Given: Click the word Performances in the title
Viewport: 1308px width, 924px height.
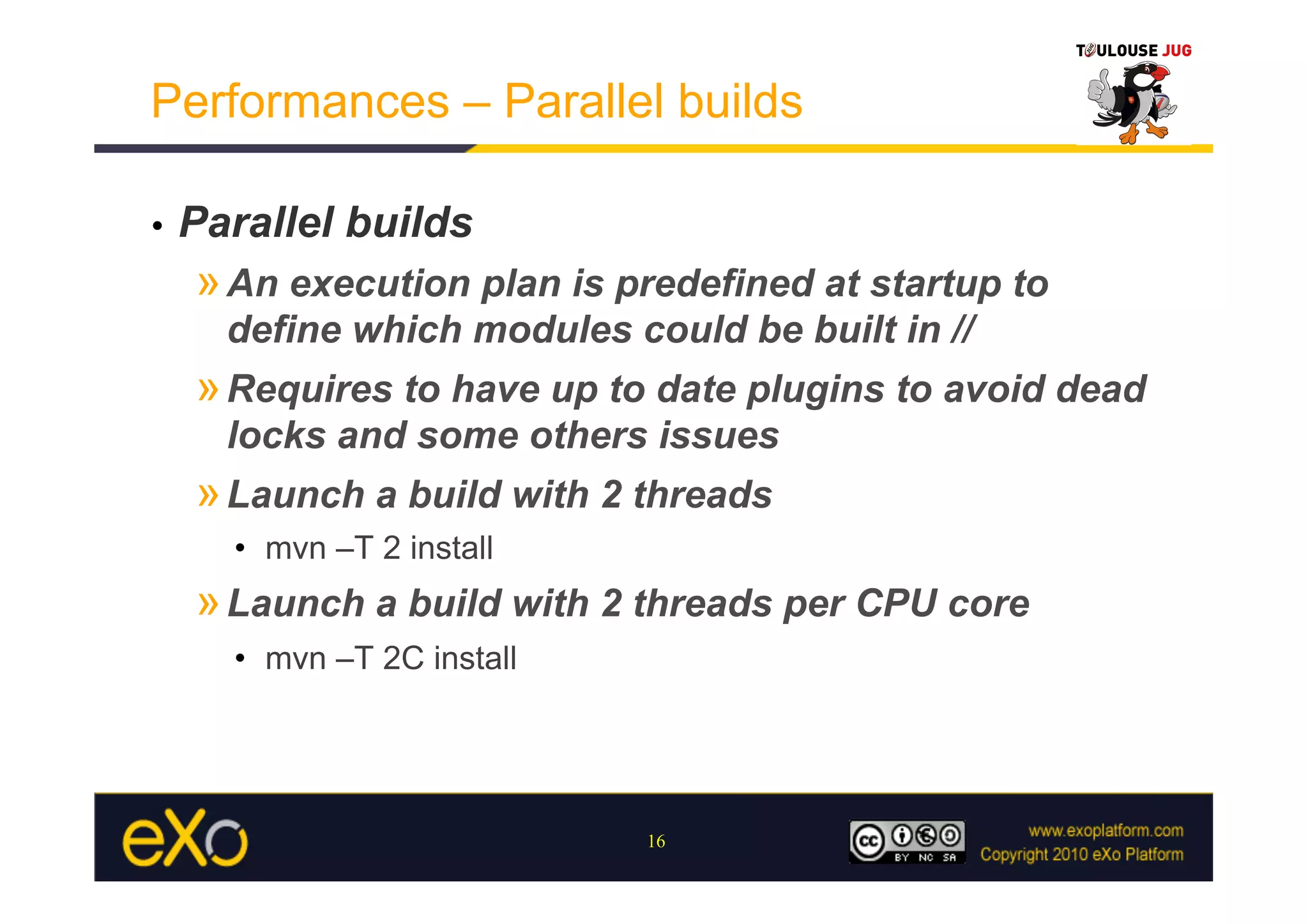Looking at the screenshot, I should [300, 102].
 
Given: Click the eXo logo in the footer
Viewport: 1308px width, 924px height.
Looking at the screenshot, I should [185, 838].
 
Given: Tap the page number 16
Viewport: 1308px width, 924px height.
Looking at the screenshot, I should [656, 842].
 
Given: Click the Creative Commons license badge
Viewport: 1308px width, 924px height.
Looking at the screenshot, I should [907, 842].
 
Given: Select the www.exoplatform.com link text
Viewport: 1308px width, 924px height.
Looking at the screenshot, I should [1106, 830].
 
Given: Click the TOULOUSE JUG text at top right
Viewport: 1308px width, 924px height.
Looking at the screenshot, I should [1134, 50].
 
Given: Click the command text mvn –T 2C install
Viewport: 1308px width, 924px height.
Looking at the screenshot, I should [390, 658].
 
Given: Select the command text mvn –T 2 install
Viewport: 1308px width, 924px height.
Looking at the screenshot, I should [379, 548].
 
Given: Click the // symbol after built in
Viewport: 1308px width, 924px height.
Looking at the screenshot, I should [962, 330].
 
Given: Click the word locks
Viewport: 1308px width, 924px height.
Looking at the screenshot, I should [277, 435].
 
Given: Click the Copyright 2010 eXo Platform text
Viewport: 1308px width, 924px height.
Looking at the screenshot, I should [1081, 854].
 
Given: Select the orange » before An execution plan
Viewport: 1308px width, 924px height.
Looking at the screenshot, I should [208, 284].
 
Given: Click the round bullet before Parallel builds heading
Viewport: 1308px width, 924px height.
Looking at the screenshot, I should [158, 226].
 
